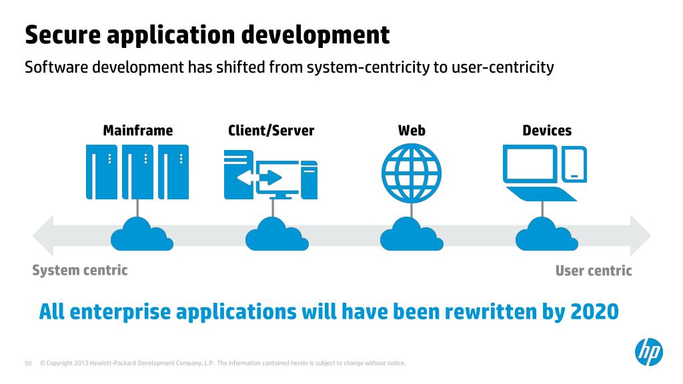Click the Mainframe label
click(x=137, y=130)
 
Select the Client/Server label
click(x=271, y=130)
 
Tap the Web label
click(x=412, y=130)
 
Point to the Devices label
click(x=547, y=130)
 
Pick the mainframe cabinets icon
click(x=137, y=171)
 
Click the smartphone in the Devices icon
click(x=574, y=164)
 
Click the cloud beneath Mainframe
click(x=138, y=233)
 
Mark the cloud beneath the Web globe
click(x=408, y=233)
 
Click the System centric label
click(x=80, y=270)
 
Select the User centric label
click(x=593, y=271)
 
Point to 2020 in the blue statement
click(x=595, y=311)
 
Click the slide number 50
click(x=28, y=363)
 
